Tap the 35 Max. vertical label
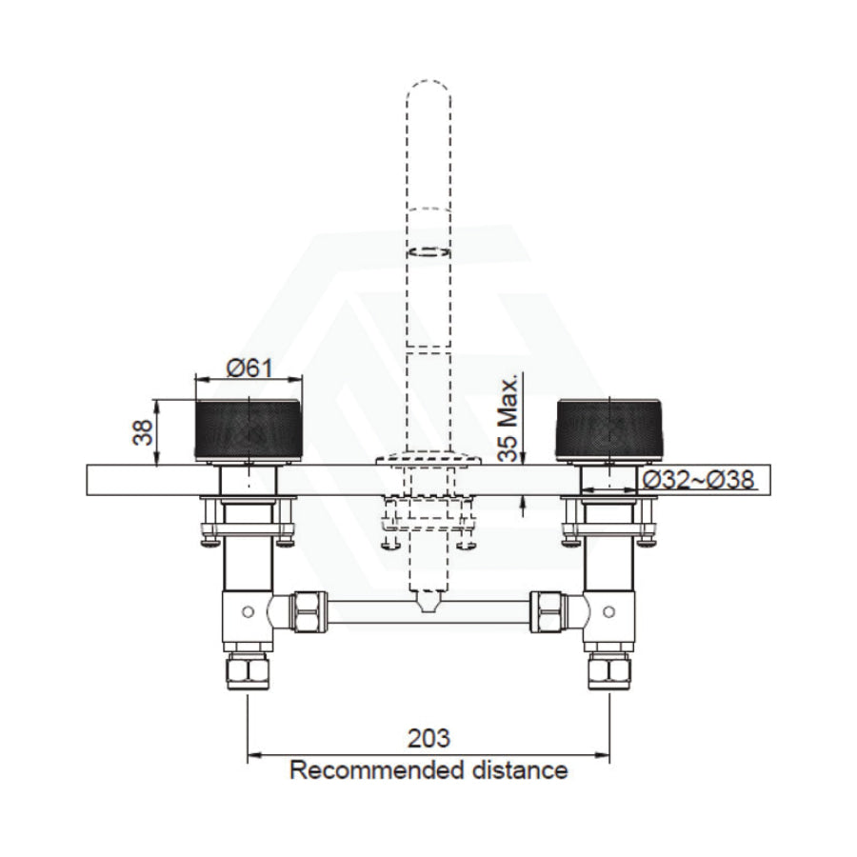pos(512,415)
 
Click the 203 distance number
pos(428,739)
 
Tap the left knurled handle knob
pos(248,430)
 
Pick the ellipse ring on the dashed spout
pos(428,252)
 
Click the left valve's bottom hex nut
pos(248,670)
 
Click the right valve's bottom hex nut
pos(609,670)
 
